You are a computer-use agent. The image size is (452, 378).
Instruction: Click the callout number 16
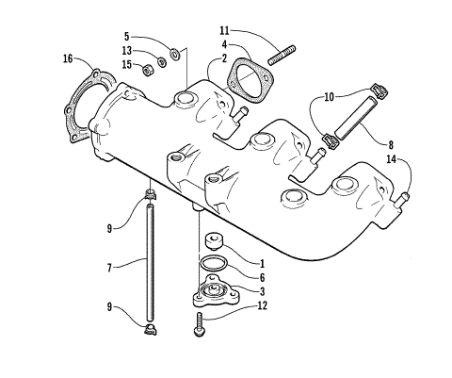pyautogui.click(x=67, y=58)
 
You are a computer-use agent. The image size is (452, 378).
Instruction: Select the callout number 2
pyautogui.click(x=224, y=58)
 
